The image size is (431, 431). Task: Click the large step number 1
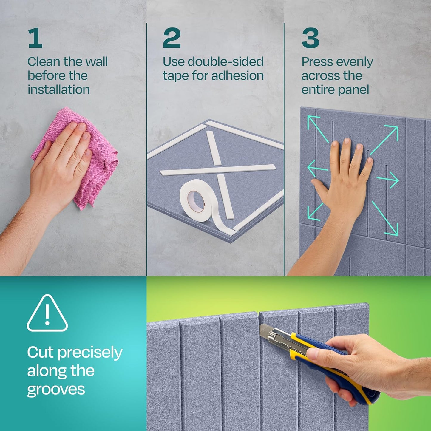pos(35,38)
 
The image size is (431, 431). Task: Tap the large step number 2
pos(172,38)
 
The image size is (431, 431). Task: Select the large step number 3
pos(310,38)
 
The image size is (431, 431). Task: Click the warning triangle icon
pos(47,314)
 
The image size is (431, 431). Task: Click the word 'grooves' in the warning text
pos(56,390)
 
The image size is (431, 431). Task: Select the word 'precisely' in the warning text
pos(90,353)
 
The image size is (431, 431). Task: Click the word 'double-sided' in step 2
pos(225,62)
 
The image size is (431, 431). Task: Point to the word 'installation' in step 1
pos(59,89)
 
